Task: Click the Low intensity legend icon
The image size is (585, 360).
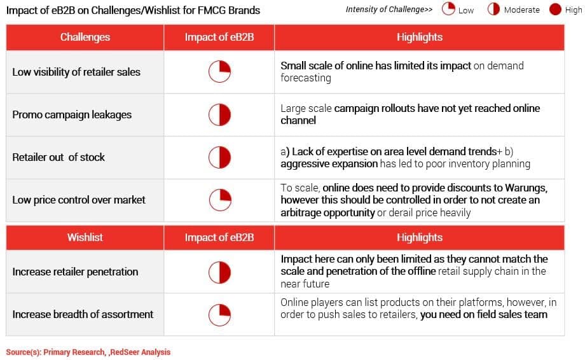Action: click(448, 9)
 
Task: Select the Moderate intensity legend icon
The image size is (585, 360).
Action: click(493, 9)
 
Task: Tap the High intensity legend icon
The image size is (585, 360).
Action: click(555, 9)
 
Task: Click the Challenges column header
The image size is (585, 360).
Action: click(85, 37)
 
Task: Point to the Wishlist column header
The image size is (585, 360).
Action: click(85, 237)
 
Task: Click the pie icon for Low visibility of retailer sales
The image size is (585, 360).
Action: click(219, 71)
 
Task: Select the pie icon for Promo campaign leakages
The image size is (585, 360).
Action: click(219, 114)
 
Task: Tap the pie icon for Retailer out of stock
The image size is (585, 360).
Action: click(219, 157)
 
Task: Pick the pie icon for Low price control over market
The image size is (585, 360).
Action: click(220, 200)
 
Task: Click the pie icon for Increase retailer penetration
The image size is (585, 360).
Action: click(219, 272)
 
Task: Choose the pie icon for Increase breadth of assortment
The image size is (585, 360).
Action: click(219, 315)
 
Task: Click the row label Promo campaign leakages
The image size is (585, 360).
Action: click(72, 114)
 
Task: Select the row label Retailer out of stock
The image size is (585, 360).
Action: click(59, 157)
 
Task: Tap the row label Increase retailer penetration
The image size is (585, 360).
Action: click(76, 272)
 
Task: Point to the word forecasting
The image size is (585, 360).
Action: click(306, 78)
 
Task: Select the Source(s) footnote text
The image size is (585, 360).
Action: click(88, 352)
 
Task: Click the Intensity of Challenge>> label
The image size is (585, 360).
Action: click(389, 10)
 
